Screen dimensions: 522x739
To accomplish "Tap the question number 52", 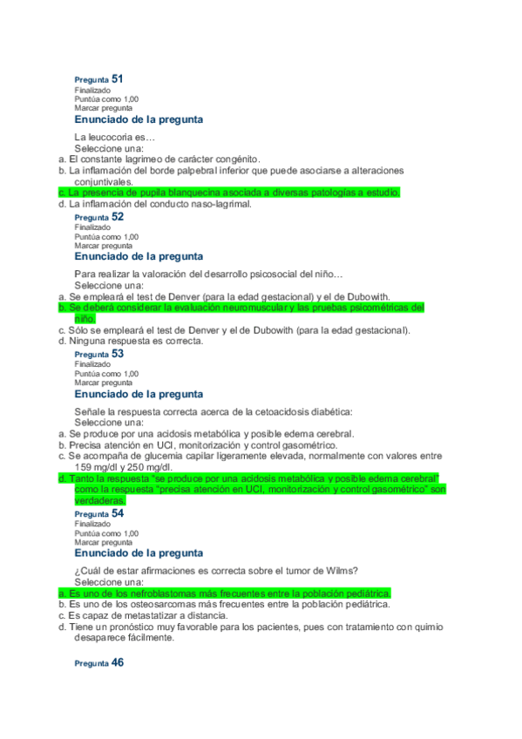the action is click(x=118, y=216).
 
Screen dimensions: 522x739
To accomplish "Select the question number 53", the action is click(x=118, y=354).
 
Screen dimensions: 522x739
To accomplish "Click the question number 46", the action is click(x=118, y=662).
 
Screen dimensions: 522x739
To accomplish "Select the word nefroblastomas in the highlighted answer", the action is click(x=165, y=593).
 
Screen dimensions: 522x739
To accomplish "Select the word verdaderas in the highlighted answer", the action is click(x=100, y=500).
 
